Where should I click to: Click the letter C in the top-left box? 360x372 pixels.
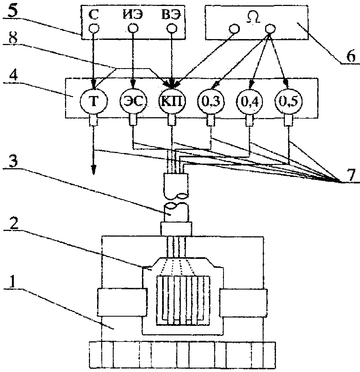[x=94, y=15]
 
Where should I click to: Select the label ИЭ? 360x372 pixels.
[x=132, y=15]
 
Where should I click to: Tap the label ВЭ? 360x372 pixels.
[x=171, y=15]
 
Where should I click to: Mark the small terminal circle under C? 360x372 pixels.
[x=94, y=29]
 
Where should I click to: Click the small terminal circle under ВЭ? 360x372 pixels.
[x=172, y=29]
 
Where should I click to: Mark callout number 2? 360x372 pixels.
[x=12, y=223]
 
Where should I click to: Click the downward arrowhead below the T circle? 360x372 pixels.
[x=94, y=170]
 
